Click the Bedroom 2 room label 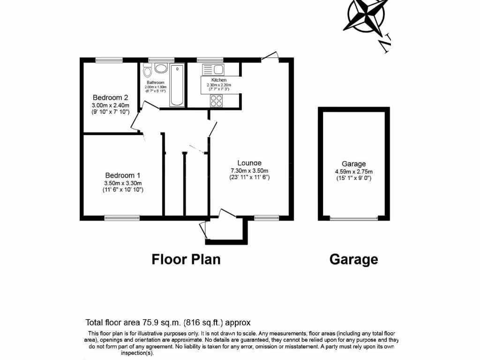point(110,97)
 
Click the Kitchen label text point(219,80)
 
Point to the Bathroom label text point(155,82)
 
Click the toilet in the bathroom point(148,71)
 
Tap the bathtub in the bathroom point(177,86)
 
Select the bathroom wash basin point(161,69)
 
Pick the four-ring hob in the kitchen point(217,100)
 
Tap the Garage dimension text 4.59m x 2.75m point(354,172)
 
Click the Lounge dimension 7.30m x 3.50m point(249,171)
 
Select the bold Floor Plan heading point(186,259)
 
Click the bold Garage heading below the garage point(353,259)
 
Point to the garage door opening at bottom point(354,218)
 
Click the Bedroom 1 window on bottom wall point(122,217)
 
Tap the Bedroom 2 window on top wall point(109,60)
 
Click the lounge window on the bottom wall point(267,217)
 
